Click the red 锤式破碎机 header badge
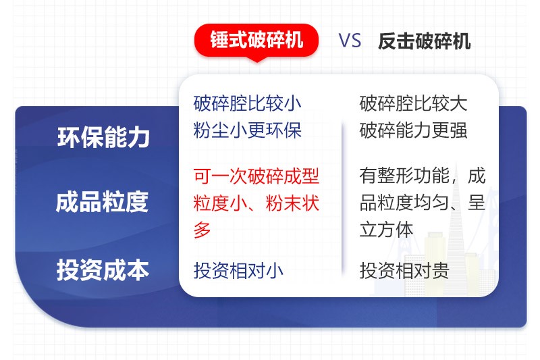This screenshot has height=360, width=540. [256, 41]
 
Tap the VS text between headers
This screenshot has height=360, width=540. [350, 41]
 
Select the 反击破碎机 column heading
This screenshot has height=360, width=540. [424, 41]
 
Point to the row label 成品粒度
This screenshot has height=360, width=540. [103, 203]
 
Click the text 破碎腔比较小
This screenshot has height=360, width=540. [247, 104]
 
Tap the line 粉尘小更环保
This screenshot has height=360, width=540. [247, 130]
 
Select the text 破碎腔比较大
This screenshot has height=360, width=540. [413, 104]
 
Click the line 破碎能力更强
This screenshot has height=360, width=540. [413, 130]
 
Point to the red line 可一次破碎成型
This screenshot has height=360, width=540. [256, 177]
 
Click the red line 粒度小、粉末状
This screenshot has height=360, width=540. [256, 203]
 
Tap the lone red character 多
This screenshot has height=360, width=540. [202, 230]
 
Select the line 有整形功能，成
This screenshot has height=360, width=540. [422, 177]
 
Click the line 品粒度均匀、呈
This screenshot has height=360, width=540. [422, 203]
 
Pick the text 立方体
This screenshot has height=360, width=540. [386, 230]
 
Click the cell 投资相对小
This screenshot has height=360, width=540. [238, 271]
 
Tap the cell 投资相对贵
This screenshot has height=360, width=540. [404, 271]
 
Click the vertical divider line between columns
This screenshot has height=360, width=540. [342, 196]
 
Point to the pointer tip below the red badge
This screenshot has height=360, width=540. [256, 59]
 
